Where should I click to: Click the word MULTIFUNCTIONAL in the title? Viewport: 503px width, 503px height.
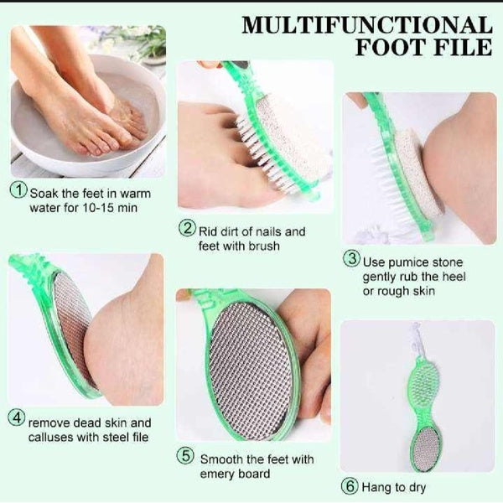(366, 24)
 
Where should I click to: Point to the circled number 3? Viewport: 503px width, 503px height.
(352, 259)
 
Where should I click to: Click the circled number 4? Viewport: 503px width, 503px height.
(16, 417)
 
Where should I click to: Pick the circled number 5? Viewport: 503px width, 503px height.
(185, 457)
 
